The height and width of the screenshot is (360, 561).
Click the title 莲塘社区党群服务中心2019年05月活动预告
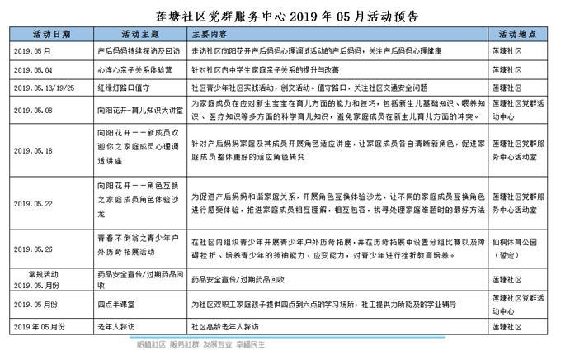click(280, 15)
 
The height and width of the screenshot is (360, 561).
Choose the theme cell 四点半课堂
click(115, 305)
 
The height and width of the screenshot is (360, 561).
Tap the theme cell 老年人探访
click(115, 326)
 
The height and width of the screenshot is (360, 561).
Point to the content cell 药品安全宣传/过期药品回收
click(233, 279)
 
